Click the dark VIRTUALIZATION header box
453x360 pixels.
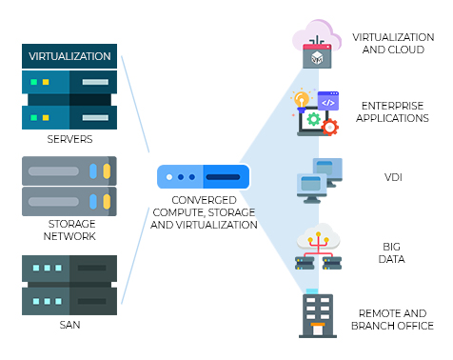coord(69,56)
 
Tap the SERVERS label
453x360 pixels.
coord(69,139)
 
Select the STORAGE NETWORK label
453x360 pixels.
coord(69,230)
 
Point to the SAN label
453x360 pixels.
coord(69,325)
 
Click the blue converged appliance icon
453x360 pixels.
coord(204,176)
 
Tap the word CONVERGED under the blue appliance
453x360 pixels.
coord(204,200)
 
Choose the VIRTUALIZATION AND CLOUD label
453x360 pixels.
coord(393,44)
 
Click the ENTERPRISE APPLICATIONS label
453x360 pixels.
coord(392,111)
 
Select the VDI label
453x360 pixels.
coord(393,177)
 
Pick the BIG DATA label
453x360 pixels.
coord(392,252)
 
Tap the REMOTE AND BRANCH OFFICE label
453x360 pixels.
coord(392,319)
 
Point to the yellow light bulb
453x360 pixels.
coord(301,100)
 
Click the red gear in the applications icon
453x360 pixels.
coord(330,128)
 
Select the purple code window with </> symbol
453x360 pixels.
coord(328,101)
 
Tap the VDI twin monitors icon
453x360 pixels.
coord(320,181)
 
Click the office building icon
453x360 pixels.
coord(318,313)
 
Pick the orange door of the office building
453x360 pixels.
coord(318,330)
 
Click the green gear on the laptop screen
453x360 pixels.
coord(314,119)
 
